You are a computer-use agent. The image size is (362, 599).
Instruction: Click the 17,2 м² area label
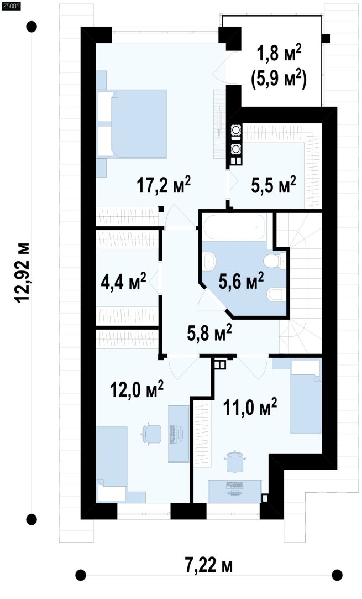[164, 186]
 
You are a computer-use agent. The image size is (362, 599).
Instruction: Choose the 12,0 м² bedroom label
[137, 389]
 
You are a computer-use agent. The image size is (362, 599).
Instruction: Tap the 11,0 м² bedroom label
[250, 407]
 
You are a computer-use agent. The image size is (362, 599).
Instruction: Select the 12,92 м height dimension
[22, 272]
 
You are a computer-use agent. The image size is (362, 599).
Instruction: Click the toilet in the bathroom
[274, 261]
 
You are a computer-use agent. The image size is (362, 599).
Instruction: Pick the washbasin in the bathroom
[209, 262]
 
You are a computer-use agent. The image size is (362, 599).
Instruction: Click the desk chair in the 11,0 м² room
[234, 461]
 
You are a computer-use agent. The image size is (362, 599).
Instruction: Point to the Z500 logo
[11, 6]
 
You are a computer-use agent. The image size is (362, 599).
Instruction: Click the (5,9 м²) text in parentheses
[279, 80]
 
